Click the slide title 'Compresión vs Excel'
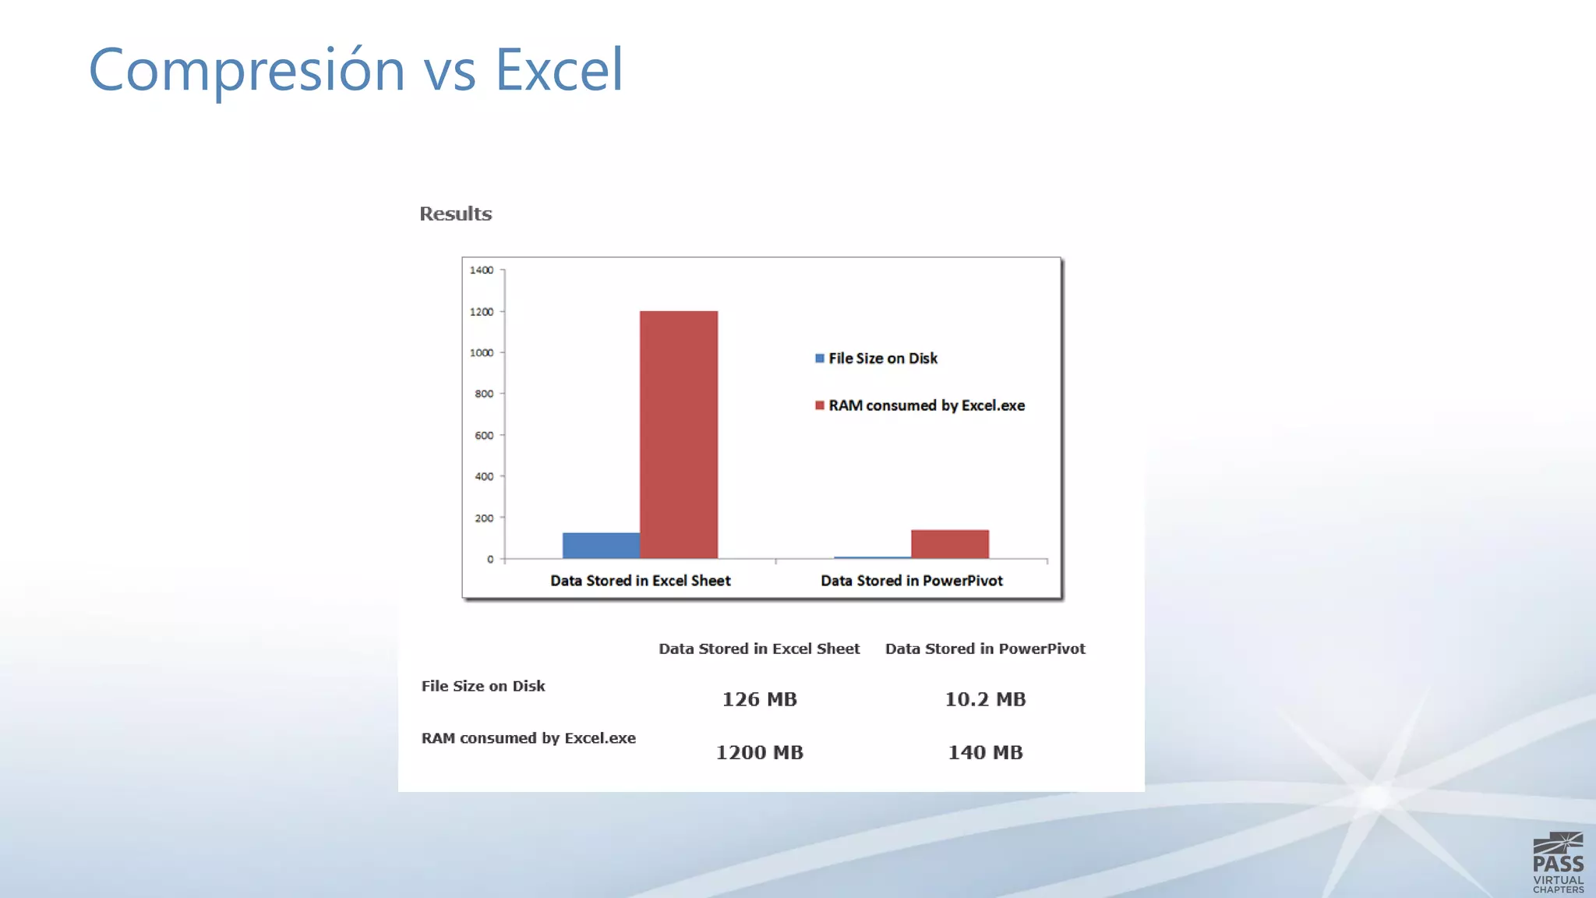(355, 70)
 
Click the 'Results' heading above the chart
(455, 214)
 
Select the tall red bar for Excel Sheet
(678, 434)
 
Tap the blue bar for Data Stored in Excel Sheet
(601, 546)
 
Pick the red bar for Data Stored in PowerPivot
(949, 544)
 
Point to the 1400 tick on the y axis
(482, 270)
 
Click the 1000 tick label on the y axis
(482, 353)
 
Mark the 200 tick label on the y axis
(484, 518)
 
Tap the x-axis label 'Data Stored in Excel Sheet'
(640, 581)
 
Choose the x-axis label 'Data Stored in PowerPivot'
(911, 581)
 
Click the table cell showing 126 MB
(759, 699)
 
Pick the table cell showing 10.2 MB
(985, 699)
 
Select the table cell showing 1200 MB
(759, 752)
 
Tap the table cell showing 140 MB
(985, 752)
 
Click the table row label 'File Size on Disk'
(483, 686)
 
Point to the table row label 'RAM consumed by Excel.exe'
(528, 738)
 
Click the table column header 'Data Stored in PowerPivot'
(985, 649)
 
